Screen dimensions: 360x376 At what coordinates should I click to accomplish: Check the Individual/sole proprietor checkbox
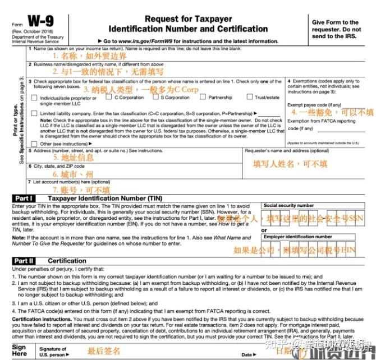pos(35,98)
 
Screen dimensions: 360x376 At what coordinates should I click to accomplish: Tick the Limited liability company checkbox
pos(35,113)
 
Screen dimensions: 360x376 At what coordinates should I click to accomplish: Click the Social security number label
pos(288,206)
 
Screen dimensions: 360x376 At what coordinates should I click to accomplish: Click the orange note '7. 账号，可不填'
pos(81,190)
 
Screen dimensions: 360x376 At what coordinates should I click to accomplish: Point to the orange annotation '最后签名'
pos(104,351)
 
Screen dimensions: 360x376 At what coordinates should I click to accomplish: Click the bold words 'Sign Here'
pos(20,351)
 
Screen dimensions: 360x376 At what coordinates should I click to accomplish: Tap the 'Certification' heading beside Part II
pos(67,261)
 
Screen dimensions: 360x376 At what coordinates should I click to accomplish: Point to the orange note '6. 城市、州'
pos(74,174)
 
